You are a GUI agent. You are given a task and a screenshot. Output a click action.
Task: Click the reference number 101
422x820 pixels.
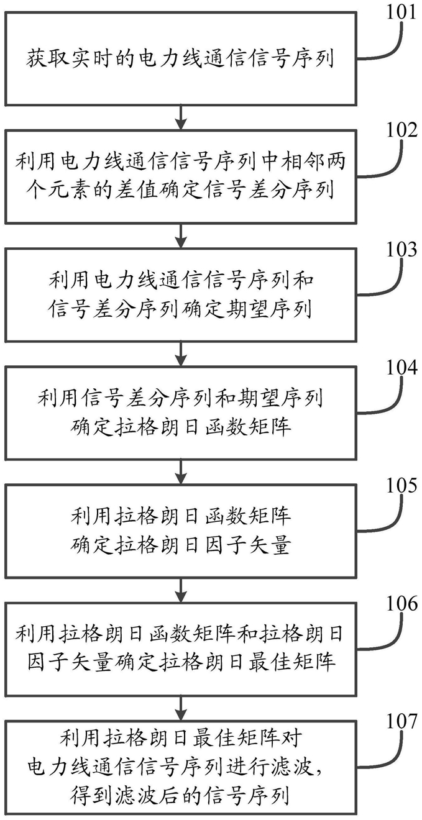pyautogui.click(x=402, y=12)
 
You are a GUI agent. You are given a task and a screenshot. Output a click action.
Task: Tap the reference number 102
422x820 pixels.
pyautogui.click(x=402, y=130)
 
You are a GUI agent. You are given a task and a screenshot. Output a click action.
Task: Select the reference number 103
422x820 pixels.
pyautogui.click(x=402, y=249)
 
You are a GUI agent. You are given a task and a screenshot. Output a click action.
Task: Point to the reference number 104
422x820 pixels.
pyautogui.click(x=402, y=367)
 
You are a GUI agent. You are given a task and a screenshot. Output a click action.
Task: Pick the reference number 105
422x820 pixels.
pyautogui.click(x=402, y=485)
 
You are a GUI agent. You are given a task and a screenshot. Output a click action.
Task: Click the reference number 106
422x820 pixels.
pyautogui.click(x=402, y=603)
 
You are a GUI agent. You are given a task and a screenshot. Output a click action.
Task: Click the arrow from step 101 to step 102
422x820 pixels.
pyautogui.click(x=181, y=117)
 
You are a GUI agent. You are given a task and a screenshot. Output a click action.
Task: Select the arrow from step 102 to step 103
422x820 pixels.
pyautogui.click(x=181, y=236)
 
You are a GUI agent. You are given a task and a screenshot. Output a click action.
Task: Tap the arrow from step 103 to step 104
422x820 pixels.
pyautogui.click(x=181, y=354)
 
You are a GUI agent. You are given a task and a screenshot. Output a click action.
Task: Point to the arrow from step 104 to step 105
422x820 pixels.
pyautogui.click(x=181, y=472)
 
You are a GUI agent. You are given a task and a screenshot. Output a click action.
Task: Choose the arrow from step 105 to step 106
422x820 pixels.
pyautogui.click(x=181, y=591)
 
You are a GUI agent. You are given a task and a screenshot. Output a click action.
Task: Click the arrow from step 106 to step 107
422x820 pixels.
pyautogui.click(x=181, y=709)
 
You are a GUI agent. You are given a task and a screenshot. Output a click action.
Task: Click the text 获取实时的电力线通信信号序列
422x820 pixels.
pyautogui.click(x=180, y=59)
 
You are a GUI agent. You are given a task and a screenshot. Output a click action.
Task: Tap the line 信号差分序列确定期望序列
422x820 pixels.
pyautogui.click(x=180, y=309)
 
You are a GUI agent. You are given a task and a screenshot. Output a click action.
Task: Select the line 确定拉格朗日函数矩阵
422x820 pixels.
pyautogui.click(x=180, y=427)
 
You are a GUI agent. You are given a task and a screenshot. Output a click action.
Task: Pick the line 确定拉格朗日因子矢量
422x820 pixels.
pyautogui.click(x=180, y=545)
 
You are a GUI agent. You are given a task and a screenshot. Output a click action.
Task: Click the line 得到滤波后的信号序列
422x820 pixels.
pyautogui.click(x=180, y=795)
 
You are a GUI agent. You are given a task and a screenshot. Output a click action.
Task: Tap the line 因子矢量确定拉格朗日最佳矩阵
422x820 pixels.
pyautogui.click(x=180, y=663)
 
